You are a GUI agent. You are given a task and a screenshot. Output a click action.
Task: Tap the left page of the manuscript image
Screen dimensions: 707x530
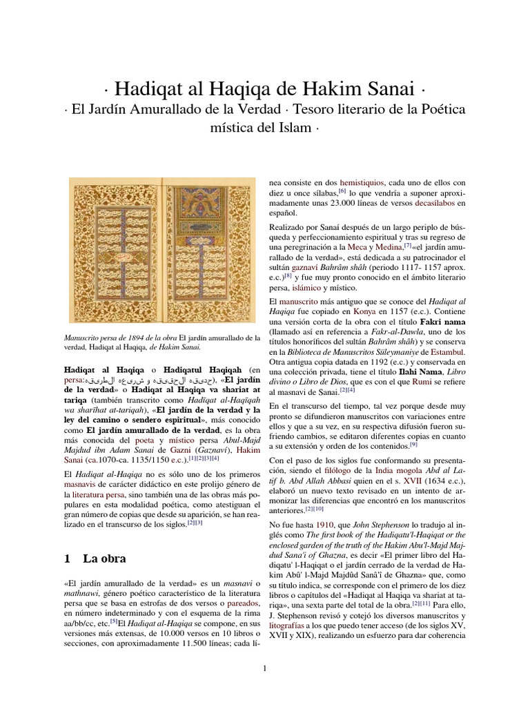coord(114,250)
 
